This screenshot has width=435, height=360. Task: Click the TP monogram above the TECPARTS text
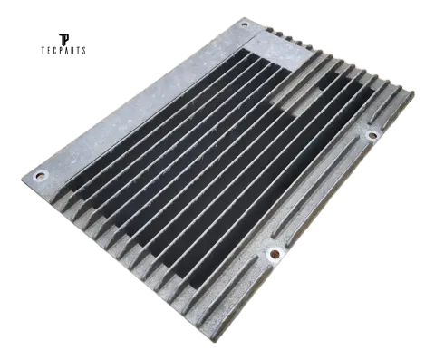tap(63, 40)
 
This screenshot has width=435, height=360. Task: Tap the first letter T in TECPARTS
tap(43, 51)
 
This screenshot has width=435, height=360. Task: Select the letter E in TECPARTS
tap(50, 51)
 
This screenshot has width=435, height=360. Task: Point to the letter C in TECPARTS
tap(55, 51)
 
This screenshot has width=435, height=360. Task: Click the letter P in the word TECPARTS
tap(61, 51)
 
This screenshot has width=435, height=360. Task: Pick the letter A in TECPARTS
tap(67, 51)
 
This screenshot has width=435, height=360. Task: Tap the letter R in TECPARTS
tap(72, 51)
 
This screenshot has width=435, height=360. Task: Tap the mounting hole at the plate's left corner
tap(40, 175)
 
